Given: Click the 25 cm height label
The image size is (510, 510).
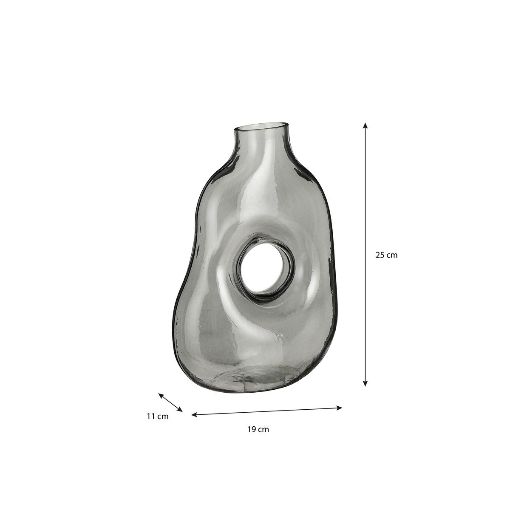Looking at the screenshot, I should (x=386, y=255).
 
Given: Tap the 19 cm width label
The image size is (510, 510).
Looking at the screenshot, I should (x=258, y=429).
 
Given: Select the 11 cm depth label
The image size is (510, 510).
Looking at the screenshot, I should (x=158, y=416).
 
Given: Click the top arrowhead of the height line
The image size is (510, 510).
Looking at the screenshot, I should (x=365, y=126).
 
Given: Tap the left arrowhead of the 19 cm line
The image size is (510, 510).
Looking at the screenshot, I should (x=194, y=415).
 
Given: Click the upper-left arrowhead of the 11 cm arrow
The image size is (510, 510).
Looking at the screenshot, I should (x=161, y=395).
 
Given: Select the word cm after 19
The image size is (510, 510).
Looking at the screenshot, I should (x=263, y=429).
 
